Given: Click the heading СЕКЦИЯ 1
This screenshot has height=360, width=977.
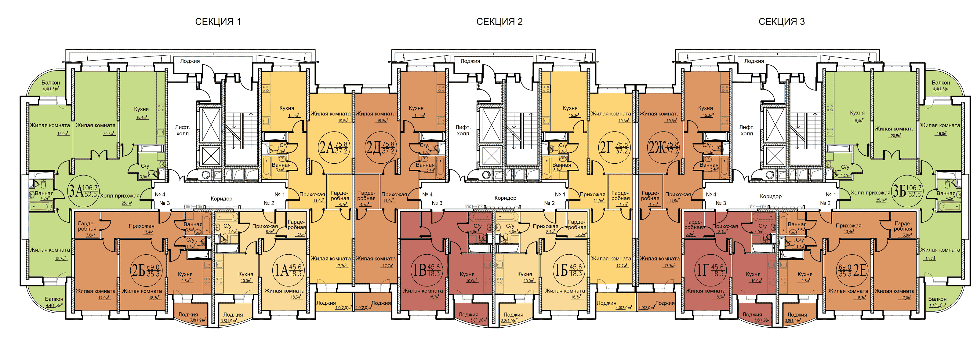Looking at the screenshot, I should coord(218,22).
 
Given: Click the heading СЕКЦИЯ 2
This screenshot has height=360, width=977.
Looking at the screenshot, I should coord(499,22).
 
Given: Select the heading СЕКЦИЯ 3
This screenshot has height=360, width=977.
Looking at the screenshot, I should coord(781,22).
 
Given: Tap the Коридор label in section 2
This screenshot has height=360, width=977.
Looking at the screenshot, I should coord(505,198).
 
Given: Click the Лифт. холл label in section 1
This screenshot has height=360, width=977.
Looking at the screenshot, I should coord(183,130).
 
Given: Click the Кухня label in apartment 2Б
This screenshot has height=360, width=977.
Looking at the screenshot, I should coord(185,274).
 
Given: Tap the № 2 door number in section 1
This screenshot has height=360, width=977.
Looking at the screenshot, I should coord(269,203).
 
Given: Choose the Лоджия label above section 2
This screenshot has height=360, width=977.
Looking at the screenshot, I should coord(470,61).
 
